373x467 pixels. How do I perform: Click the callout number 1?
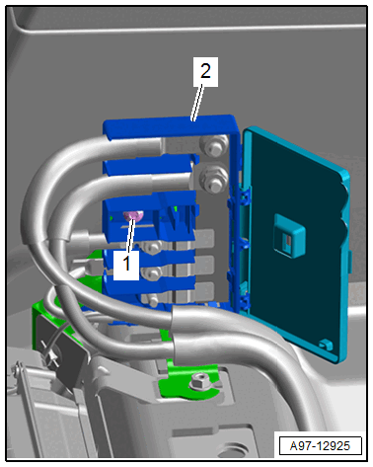point(126,265)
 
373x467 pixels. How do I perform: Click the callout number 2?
point(205,71)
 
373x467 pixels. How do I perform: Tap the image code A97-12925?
point(320,446)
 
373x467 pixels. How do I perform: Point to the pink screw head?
point(133,216)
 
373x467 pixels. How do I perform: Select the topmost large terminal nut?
point(214,145)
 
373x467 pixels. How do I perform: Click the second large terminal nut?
point(215,180)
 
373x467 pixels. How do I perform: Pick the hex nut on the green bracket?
point(198,381)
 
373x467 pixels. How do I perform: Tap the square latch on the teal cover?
point(289,234)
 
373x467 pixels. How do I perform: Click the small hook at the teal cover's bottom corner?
point(325,344)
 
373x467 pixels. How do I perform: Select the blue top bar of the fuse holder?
point(170,126)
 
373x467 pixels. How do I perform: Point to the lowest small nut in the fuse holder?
point(152,300)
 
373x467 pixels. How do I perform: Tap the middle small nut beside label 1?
point(152,273)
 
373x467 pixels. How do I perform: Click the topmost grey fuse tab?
point(204,239)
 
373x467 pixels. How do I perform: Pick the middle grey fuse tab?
point(204,266)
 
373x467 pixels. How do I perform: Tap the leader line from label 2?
point(196,103)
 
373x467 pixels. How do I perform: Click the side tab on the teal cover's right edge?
point(349,262)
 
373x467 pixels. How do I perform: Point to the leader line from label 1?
point(130,235)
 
